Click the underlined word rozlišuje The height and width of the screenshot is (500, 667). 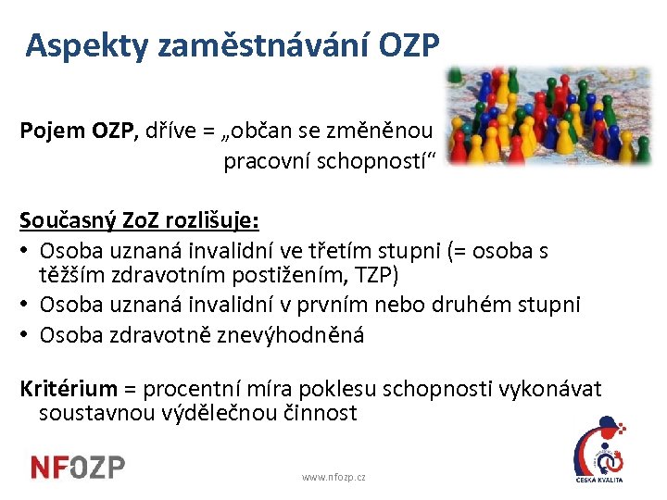(x=209, y=223)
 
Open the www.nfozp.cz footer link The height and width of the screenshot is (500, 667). (x=333, y=477)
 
